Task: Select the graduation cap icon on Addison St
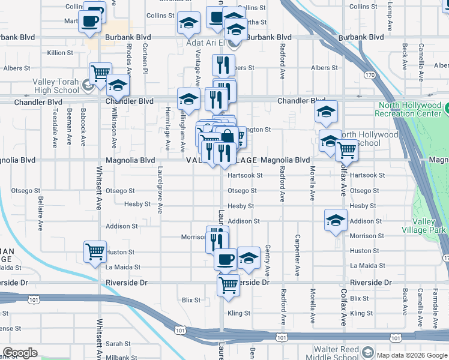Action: tap(336, 220)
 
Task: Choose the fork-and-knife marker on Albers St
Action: tap(223, 65)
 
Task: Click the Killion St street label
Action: tap(60, 53)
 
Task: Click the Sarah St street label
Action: tap(118, 344)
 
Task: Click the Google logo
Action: tap(20, 353)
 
